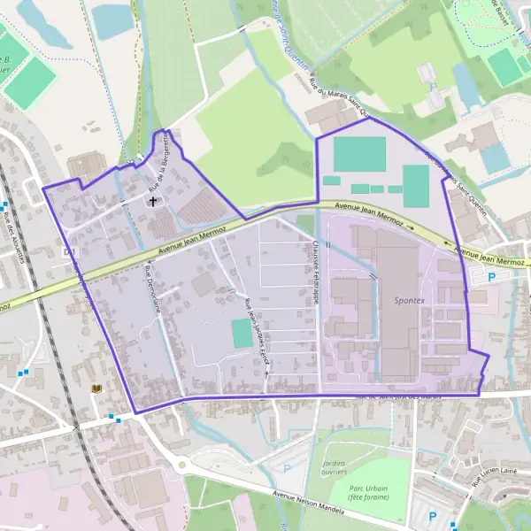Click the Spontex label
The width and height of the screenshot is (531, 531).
pyautogui.click(x=409, y=301)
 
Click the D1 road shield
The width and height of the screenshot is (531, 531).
pyautogui.click(x=69, y=252)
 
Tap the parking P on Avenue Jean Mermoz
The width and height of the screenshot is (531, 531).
pyautogui.click(x=492, y=276)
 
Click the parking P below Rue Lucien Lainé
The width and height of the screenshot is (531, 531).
pyautogui.click(x=432, y=516)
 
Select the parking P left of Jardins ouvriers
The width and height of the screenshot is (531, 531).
pyautogui.click(x=286, y=467)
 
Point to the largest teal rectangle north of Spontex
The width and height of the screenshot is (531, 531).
pyautogui.click(x=359, y=155)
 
